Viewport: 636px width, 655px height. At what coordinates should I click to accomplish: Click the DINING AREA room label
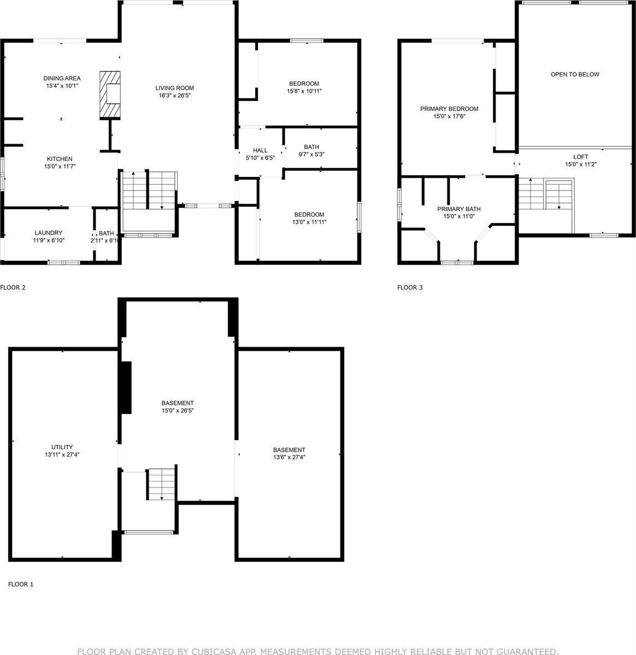[x=62, y=79]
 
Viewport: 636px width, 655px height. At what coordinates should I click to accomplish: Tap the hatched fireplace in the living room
[x=110, y=95]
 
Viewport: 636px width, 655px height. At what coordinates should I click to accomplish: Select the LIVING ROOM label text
[x=174, y=88]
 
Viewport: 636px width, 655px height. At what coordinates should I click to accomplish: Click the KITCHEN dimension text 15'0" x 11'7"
[x=60, y=166]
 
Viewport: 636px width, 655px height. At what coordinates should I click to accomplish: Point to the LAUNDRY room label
[x=49, y=233]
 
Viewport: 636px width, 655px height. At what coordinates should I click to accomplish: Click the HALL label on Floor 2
[x=260, y=151]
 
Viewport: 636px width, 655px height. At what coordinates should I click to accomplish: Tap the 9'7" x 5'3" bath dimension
[x=311, y=154]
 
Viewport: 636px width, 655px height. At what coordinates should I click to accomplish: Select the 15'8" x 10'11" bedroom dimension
[x=304, y=91]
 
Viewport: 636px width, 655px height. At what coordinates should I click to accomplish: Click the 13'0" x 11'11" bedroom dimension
[x=309, y=222]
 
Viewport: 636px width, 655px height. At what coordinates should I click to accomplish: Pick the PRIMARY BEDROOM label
[x=449, y=109]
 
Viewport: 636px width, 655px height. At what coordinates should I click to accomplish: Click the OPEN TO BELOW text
[x=575, y=74]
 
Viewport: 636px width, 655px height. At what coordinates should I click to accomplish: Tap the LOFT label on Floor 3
[x=580, y=157]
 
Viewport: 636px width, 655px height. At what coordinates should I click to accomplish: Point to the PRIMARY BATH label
[x=459, y=209]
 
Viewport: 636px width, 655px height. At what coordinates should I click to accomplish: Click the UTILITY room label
[x=62, y=447]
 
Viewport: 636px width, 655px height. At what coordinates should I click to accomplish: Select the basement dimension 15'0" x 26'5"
[x=178, y=410]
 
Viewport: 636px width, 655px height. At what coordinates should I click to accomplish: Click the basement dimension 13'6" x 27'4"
[x=290, y=457]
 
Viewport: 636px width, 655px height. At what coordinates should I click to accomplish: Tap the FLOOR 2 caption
[x=13, y=288]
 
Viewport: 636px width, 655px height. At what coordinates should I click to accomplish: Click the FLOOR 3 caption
[x=410, y=288]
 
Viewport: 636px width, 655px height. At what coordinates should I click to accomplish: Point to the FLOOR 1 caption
[x=21, y=585]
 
